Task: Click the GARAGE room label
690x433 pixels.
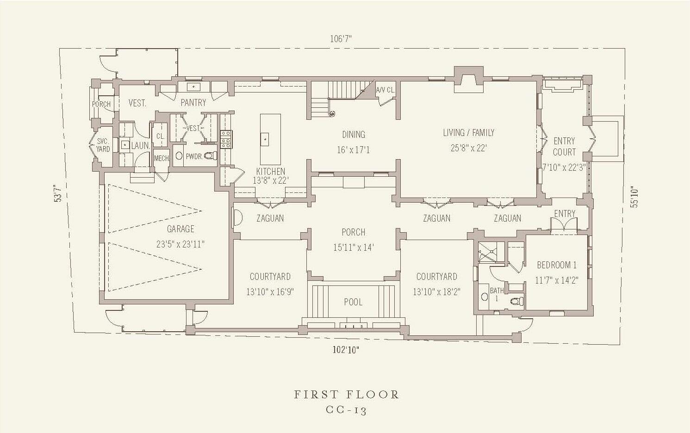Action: [180, 229]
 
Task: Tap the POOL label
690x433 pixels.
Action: [353, 302]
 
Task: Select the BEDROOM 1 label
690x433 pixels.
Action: [557, 265]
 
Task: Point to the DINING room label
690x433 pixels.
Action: [353, 135]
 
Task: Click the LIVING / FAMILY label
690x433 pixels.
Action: [468, 133]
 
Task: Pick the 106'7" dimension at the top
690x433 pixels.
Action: [341, 39]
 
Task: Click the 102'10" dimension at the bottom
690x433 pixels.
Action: [346, 350]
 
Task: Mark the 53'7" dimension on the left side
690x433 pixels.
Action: [57, 193]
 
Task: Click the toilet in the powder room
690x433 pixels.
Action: [211, 156]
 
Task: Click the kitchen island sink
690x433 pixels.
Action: [265, 139]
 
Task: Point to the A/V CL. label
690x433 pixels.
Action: [385, 90]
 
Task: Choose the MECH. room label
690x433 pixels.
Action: [162, 159]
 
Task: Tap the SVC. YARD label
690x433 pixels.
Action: [103, 145]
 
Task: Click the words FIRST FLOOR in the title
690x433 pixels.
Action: [347, 395]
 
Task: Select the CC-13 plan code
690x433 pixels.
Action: [346, 410]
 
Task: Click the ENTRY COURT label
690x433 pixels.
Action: [564, 147]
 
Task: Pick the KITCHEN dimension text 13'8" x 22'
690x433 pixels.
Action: [270, 180]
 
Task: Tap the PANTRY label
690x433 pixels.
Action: [193, 103]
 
